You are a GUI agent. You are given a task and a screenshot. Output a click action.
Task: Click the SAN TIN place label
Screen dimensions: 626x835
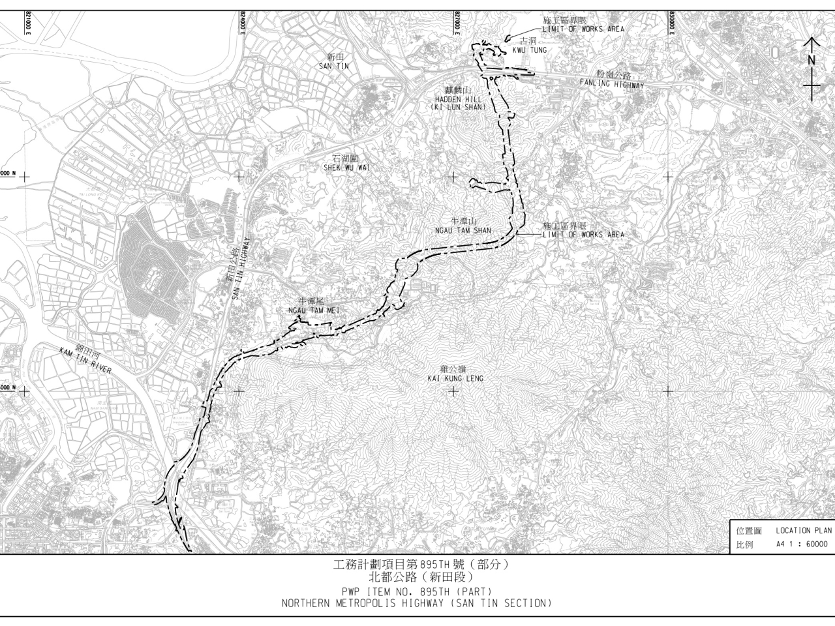(335, 66)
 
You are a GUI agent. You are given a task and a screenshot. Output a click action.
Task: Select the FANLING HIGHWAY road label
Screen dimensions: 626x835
(612, 85)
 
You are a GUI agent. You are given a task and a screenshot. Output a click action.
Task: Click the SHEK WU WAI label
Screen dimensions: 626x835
(346, 168)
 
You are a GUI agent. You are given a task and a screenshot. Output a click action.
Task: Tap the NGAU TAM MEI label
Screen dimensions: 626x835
(314, 310)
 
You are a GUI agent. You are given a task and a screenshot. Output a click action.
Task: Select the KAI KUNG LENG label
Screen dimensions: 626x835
(455, 378)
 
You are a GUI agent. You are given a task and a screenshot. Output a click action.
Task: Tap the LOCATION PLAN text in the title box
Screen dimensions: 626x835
(803, 530)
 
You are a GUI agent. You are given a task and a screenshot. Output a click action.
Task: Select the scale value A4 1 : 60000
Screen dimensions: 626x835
(802, 544)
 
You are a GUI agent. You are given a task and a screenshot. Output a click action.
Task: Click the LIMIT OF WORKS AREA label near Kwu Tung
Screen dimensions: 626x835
(583, 29)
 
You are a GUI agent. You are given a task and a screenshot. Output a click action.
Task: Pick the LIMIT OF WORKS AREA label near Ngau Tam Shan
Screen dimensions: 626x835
(583, 234)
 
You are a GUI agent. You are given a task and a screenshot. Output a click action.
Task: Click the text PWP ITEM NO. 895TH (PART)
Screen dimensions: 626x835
(416, 591)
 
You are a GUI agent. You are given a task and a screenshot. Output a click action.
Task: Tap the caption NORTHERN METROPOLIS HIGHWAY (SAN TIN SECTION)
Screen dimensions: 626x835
(416, 603)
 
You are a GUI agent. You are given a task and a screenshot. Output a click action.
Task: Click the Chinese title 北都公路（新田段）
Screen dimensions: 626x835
(416, 577)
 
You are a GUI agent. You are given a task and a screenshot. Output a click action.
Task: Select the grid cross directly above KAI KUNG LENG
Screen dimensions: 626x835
(453, 176)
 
